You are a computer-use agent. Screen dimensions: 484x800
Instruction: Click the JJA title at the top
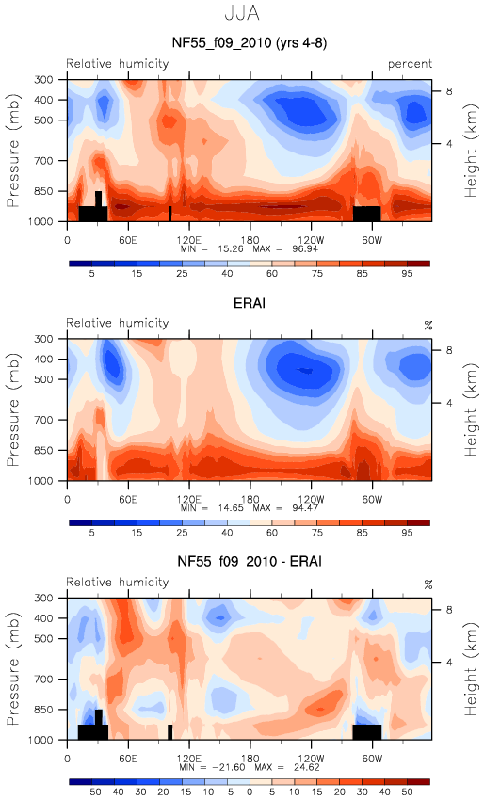pyautogui.click(x=242, y=13)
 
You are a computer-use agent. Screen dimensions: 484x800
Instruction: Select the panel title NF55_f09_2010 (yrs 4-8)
pyautogui.click(x=250, y=42)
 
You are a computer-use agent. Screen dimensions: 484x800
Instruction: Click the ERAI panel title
pyautogui.click(x=250, y=303)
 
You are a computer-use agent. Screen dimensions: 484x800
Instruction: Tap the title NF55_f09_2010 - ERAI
pyautogui.click(x=250, y=561)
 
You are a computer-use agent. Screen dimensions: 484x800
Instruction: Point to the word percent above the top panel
pyautogui.click(x=410, y=64)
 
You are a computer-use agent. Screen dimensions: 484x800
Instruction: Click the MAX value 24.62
pyautogui.click(x=306, y=767)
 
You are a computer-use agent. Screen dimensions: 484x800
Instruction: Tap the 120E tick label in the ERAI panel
pyautogui.click(x=189, y=499)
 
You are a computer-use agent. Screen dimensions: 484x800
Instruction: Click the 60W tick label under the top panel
pyautogui.click(x=372, y=240)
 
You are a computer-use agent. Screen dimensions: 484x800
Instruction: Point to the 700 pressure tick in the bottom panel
pyautogui.click(x=43, y=680)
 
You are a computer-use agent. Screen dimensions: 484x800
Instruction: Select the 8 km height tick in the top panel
pyautogui.click(x=449, y=91)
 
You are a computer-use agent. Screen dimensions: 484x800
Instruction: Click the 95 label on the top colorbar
pyautogui.click(x=407, y=274)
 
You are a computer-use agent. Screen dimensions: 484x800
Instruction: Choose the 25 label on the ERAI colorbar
pyautogui.click(x=182, y=533)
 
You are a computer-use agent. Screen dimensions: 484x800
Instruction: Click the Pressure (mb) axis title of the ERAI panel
pyautogui.click(x=13, y=409)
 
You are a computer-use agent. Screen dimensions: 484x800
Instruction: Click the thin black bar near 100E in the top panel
pyautogui.click(x=170, y=214)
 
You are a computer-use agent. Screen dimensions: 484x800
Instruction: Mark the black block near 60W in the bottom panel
pyautogui.click(x=367, y=731)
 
